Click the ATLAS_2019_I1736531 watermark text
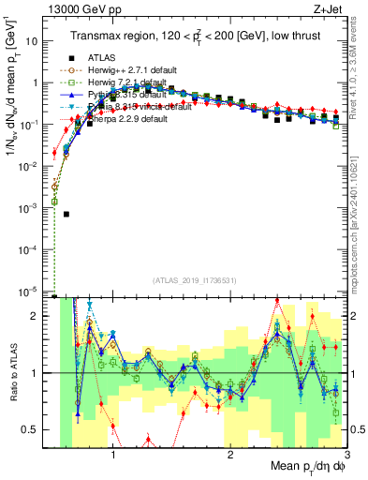point(194,280)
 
